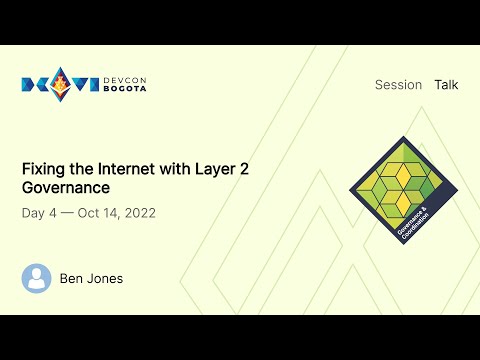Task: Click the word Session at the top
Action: pos(398,85)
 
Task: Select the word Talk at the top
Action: pos(446,85)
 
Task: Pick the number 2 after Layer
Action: pos(245,168)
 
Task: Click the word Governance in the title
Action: pos(65,187)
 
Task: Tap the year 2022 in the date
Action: pos(137,213)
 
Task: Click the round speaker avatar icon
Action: pos(36,278)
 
